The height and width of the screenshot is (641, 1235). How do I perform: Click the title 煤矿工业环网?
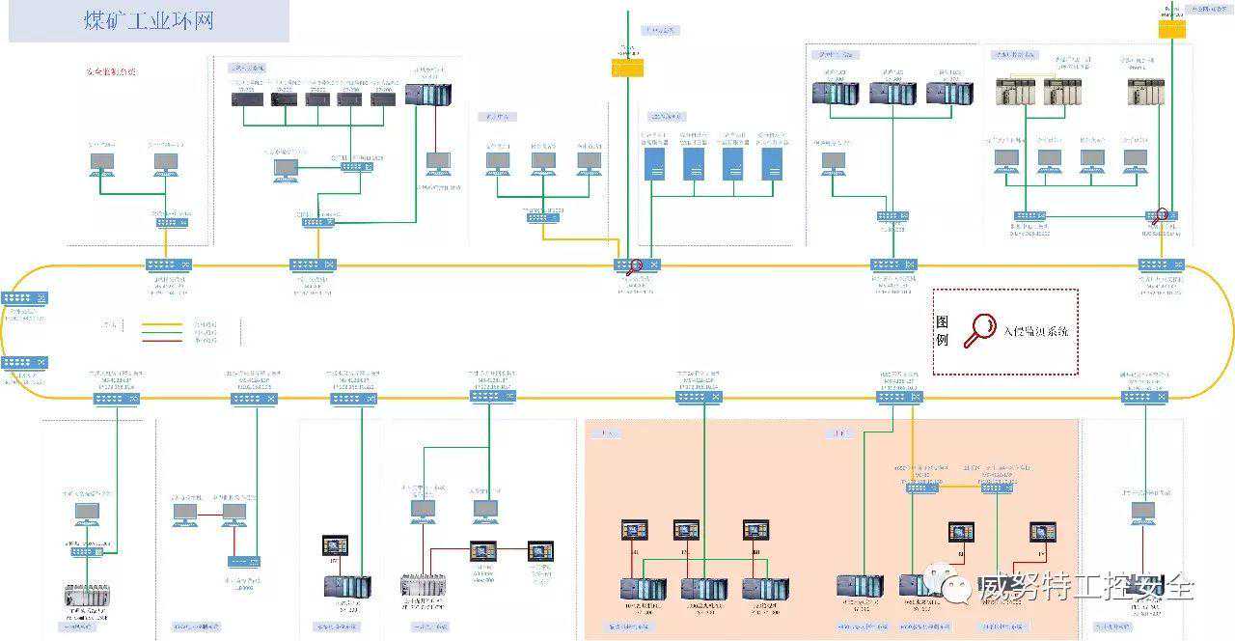[149, 21]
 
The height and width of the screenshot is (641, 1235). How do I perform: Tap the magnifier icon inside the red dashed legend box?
[980, 329]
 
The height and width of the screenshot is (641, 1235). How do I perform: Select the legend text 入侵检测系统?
[1037, 331]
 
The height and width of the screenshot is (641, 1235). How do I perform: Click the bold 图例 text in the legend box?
[943, 331]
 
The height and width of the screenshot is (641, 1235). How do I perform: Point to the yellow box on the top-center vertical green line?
[627, 67]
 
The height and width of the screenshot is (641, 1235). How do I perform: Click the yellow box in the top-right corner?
[1171, 30]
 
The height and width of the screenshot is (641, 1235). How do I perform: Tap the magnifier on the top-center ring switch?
[634, 267]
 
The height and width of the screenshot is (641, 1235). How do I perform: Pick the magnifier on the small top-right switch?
[1161, 216]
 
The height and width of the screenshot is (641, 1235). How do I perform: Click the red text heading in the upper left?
[111, 71]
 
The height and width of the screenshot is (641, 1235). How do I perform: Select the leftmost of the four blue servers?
[655, 163]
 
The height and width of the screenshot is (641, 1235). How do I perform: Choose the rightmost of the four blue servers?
[771, 163]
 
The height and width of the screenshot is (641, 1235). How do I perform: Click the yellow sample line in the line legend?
[164, 324]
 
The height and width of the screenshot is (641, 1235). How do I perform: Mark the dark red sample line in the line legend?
[164, 340]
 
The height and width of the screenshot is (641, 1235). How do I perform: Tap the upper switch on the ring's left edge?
[24, 298]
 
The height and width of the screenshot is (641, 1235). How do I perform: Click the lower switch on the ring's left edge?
[24, 363]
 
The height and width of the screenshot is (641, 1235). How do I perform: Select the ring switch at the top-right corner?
[1154, 265]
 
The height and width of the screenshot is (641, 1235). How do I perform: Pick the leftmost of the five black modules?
[247, 98]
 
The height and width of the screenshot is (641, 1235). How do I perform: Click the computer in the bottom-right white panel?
[1143, 512]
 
